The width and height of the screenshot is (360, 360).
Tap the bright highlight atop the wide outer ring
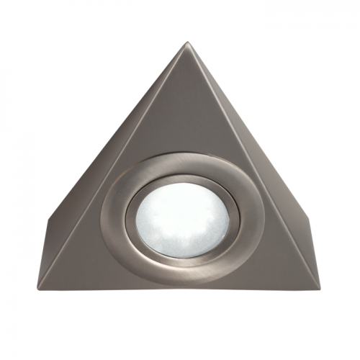(180, 156)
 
